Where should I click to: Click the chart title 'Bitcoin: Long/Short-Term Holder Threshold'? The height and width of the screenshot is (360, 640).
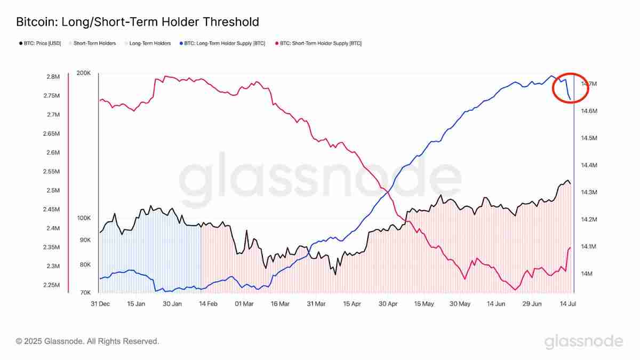(x=138, y=22)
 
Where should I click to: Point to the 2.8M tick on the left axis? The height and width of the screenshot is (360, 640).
(x=53, y=77)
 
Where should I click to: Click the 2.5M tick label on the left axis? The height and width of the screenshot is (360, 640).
(x=53, y=190)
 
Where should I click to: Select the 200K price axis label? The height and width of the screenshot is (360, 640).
(x=84, y=73)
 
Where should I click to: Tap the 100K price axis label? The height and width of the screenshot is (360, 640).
(x=84, y=218)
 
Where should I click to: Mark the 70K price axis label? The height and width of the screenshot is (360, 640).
(x=85, y=293)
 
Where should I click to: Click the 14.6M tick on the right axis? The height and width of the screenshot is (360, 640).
(x=589, y=111)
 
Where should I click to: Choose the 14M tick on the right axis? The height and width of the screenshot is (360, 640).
(x=586, y=274)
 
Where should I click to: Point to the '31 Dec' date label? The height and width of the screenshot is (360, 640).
(x=100, y=303)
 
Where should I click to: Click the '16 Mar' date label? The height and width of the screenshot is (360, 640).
(x=280, y=303)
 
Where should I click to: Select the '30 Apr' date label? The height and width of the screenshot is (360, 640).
(x=388, y=303)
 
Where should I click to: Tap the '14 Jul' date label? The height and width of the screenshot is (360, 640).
(x=568, y=303)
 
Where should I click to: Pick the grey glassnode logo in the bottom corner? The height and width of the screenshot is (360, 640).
(x=583, y=341)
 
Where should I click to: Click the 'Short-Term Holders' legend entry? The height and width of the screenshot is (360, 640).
(x=94, y=43)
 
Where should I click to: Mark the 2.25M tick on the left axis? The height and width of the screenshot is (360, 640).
(x=51, y=285)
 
